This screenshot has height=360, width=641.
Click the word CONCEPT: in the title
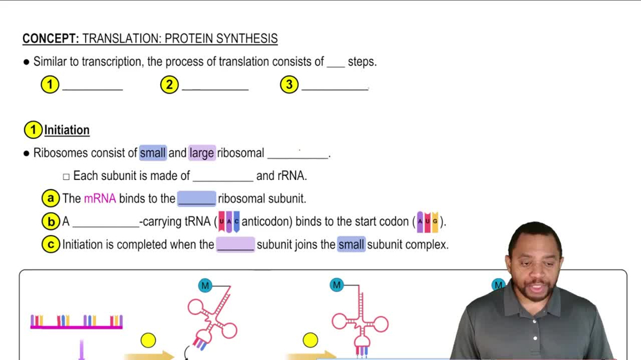[x=50, y=39]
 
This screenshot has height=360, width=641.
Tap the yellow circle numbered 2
[x=169, y=85]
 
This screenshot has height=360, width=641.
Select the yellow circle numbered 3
[x=289, y=85]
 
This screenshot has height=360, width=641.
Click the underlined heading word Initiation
[x=67, y=130]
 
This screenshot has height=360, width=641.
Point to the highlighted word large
[x=202, y=153]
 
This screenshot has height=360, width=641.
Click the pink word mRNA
[x=100, y=199]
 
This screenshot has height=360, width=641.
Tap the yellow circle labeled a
[x=50, y=199]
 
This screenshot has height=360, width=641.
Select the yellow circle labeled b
[x=50, y=222]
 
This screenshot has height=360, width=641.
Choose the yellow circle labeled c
[x=50, y=245]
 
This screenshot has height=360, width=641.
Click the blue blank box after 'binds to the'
[x=196, y=199]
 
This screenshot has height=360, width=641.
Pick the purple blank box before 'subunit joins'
[x=235, y=245]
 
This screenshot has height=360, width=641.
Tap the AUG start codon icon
[x=428, y=222]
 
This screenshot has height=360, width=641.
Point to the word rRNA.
[x=292, y=176]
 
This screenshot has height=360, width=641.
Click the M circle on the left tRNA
[x=205, y=286]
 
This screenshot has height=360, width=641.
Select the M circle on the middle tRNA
[x=337, y=285]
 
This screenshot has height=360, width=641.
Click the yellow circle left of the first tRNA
[x=148, y=341]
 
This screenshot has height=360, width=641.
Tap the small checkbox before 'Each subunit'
[x=66, y=176]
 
